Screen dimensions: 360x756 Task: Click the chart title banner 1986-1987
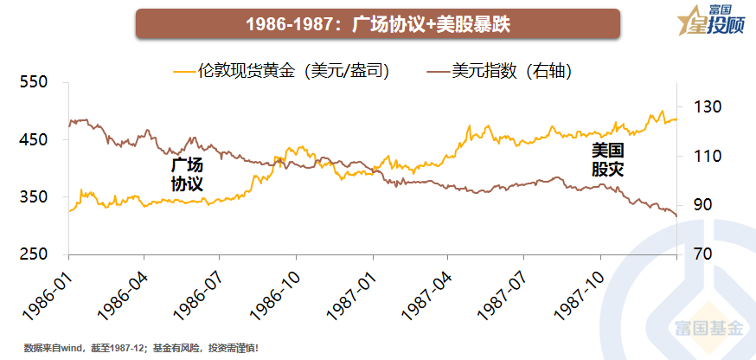coord(377,23)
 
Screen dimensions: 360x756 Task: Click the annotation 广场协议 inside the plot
coord(187,174)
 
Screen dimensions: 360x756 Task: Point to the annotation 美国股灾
coord(607,160)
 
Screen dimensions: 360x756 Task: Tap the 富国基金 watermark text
coord(708,329)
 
